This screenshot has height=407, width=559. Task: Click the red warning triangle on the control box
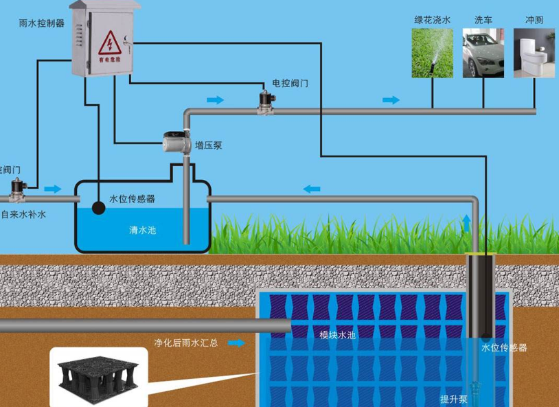(x=109, y=45)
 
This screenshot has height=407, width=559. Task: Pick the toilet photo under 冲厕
(x=534, y=53)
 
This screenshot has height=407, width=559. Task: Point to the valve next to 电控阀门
(x=264, y=100)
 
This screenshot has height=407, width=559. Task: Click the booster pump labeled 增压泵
(x=174, y=142)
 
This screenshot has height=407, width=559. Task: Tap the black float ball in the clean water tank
(x=99, y=207)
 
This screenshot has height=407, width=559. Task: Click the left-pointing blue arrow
(x=312, y=188)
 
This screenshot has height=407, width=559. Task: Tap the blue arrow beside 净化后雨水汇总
(x=236, y=342)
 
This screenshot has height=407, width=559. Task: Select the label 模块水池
(x=337, y=336)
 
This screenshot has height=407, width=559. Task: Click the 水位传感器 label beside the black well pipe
(x=504, y=348)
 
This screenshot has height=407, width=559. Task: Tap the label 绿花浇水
(x=432, y=21)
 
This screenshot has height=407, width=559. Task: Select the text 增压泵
(x=208, y=146)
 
